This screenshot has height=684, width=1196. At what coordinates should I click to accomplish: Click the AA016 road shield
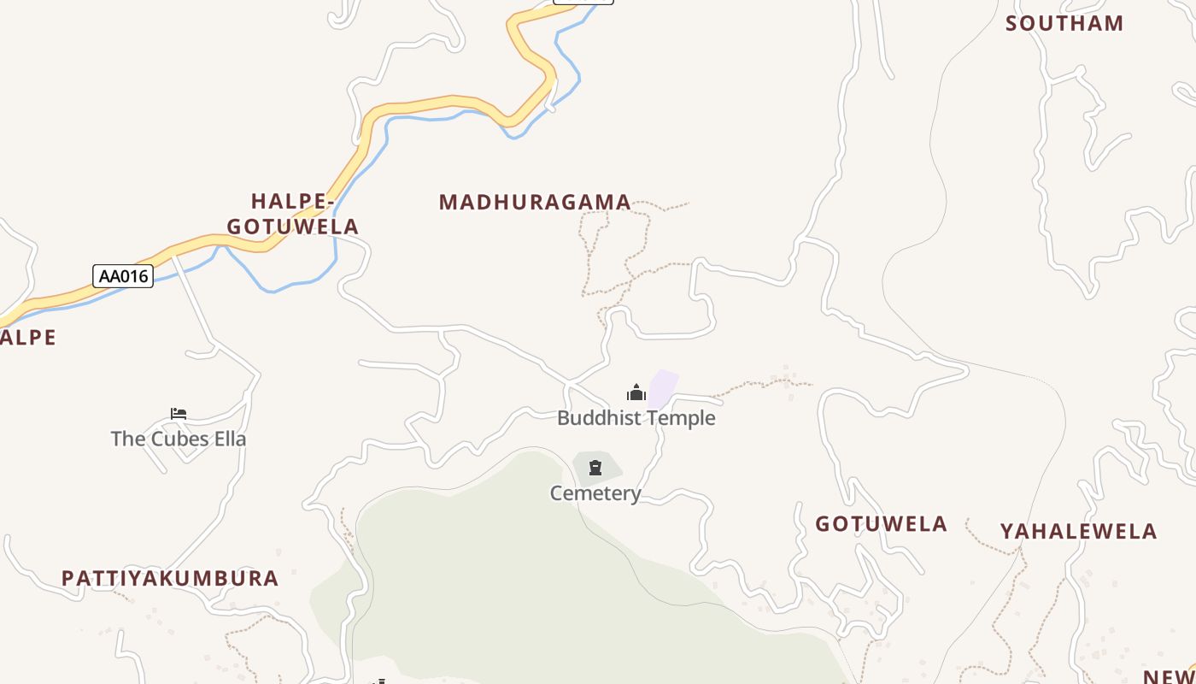click(x=123, y=276)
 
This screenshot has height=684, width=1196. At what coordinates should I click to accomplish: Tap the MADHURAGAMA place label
click(x=535, y=203)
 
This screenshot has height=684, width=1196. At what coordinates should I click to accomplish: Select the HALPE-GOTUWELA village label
click(x=292, y=214)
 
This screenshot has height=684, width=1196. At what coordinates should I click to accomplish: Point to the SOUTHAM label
click(x=1064, y=24)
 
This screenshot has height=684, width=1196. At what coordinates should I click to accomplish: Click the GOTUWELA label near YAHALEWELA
click(x=881, y=524)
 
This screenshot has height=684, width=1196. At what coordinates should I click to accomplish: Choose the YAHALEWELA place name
click(x=1078, y=532)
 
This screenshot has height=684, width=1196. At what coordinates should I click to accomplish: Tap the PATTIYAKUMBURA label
click(x=170, y=579)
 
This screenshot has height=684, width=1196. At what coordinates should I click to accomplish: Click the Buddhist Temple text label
click(x=636, y=418)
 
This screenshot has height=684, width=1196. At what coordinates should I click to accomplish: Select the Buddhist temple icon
click(x=636, y=392)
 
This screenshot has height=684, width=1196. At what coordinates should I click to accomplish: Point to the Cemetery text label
click(x=595, y=493)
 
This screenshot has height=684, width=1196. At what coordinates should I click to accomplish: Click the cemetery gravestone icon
click(x=595, y=468)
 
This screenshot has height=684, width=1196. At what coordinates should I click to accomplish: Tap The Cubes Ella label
click(x=179, y=439)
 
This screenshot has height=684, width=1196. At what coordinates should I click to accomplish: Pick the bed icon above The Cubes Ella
click(x=179, y=414)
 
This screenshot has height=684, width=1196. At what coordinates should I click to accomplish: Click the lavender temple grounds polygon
click(x=663, y=388)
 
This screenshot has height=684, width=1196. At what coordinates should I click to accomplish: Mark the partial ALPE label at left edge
click(x=27, y=338)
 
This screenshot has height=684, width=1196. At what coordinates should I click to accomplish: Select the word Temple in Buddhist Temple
click(x=680, y=418)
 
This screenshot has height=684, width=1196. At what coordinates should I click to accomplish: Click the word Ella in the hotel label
click(x=228, y=439)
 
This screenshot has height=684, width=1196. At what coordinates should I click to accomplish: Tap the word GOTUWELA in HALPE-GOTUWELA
click(x=292, y=227)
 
